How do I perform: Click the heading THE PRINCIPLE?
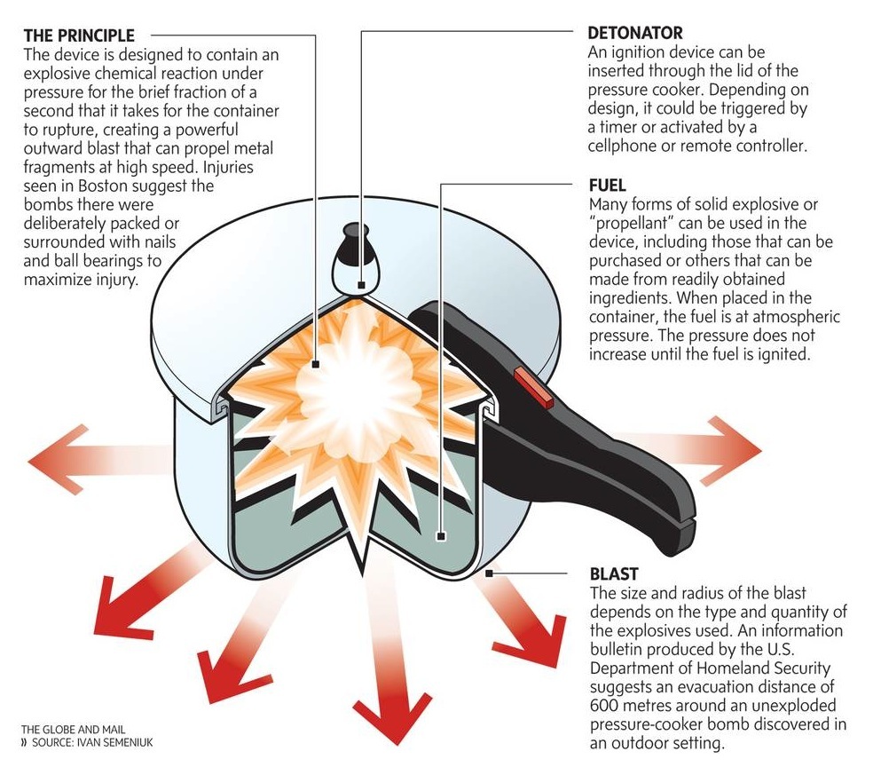pyautogui.click(x=79, y=36)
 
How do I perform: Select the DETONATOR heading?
pyautogui.click(x=635, y=33)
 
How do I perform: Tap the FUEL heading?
pyautogui.click(x=607, y=186)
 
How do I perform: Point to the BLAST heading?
pyautogui.click(x=613, y=574)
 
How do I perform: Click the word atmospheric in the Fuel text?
pyautogui.click(x=793, y=317)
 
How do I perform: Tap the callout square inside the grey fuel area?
pyautogui.click(x=441, y=536)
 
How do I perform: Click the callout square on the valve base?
pyautogui.click(x=361, y=285)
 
